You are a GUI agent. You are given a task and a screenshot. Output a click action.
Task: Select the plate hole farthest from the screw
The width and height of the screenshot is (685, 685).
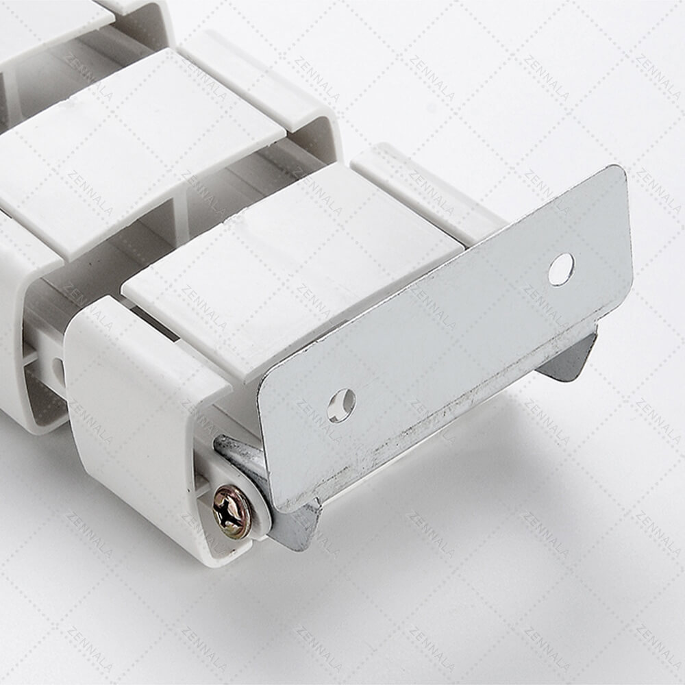[x=562, y=269]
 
